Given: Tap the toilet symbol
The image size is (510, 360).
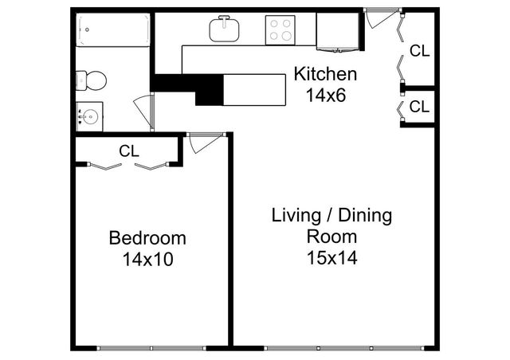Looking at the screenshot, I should pyautogui.click(x=92, y=80).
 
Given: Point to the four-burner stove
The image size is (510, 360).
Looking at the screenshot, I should pyautogui.click(x=280, y=30).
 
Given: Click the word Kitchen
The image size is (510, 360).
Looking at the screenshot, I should pyautogui.click(x=325, y=76).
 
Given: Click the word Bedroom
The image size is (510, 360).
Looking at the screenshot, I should pyautogui.click(x=147, y=238).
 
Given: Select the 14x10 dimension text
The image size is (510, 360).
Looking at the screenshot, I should pyautogui.click(x=147, y=259).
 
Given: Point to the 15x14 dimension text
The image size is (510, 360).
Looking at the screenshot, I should pyautogui.click(x=331, y=257).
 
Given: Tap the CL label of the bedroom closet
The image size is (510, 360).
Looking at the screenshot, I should pyautogui.click(x=129, y=150).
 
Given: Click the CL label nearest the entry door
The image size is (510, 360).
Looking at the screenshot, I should pyautogui.click(x=419, y=51).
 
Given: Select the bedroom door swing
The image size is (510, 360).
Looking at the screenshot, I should pyautogui.click(x=199, y=143).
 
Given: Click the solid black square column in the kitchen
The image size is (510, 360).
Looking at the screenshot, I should pyautogui.click(x=209, y=89).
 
